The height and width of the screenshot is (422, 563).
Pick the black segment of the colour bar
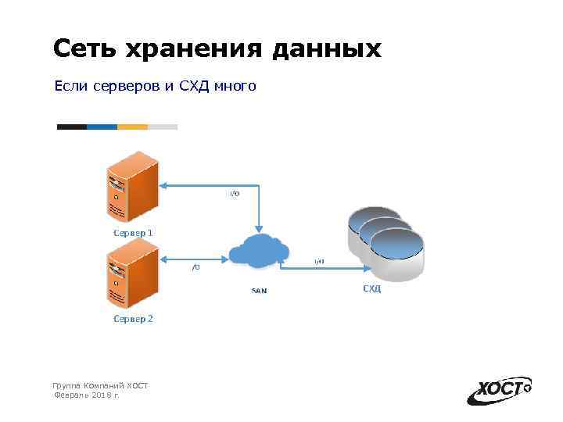pos(71,127)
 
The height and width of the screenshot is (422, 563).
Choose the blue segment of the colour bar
pos(102,127)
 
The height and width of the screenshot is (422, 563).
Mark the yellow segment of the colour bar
pos(132,127)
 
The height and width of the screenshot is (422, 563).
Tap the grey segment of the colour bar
pos(163,127)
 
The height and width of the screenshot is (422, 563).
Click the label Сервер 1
pos(133,232)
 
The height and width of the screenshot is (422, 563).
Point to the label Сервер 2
pos(133,319)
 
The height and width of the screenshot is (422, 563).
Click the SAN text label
pos(259,291)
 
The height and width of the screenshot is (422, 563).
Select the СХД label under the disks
pos(371,289)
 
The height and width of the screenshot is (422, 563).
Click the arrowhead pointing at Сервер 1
pos(163,185)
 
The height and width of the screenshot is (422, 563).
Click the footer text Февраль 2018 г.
pos(86,396)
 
